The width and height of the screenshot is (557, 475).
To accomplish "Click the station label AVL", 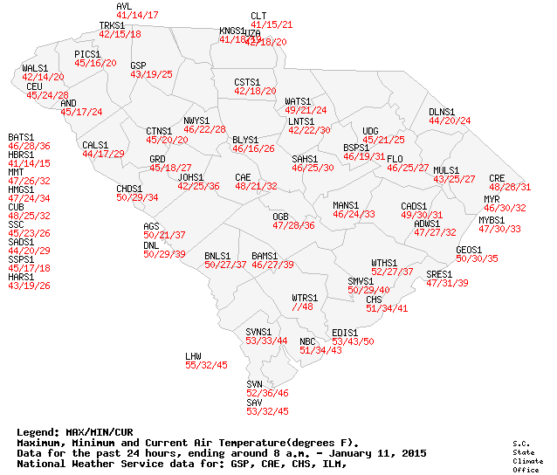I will (124, 6).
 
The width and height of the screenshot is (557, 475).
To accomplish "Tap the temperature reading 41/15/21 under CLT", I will (272, 24).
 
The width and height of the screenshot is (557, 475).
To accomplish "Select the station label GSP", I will (138, 65).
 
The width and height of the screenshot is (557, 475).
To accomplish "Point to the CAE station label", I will (243, 177).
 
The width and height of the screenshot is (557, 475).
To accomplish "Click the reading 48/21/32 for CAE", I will (256, 186).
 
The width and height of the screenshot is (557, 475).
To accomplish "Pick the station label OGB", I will (280, 216).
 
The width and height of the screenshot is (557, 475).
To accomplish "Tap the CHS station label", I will (374, 299).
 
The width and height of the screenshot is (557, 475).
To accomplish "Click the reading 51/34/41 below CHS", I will (387, 308).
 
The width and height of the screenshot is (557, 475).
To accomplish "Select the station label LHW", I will (193, 356).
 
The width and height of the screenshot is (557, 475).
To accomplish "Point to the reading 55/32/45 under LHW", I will (206, 365).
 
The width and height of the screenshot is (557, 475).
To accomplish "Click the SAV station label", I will (254, 403).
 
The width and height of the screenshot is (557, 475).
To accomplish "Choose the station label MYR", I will (492, 199).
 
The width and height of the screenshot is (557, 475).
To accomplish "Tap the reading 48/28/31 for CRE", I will (510, 187).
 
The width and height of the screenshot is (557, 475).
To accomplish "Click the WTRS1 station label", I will (305, 298).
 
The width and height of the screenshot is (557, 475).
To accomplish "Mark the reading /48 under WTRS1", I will (302, 306).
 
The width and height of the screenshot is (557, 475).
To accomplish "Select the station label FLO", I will (395, 158).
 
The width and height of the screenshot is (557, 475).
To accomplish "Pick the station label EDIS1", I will (346, 333).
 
